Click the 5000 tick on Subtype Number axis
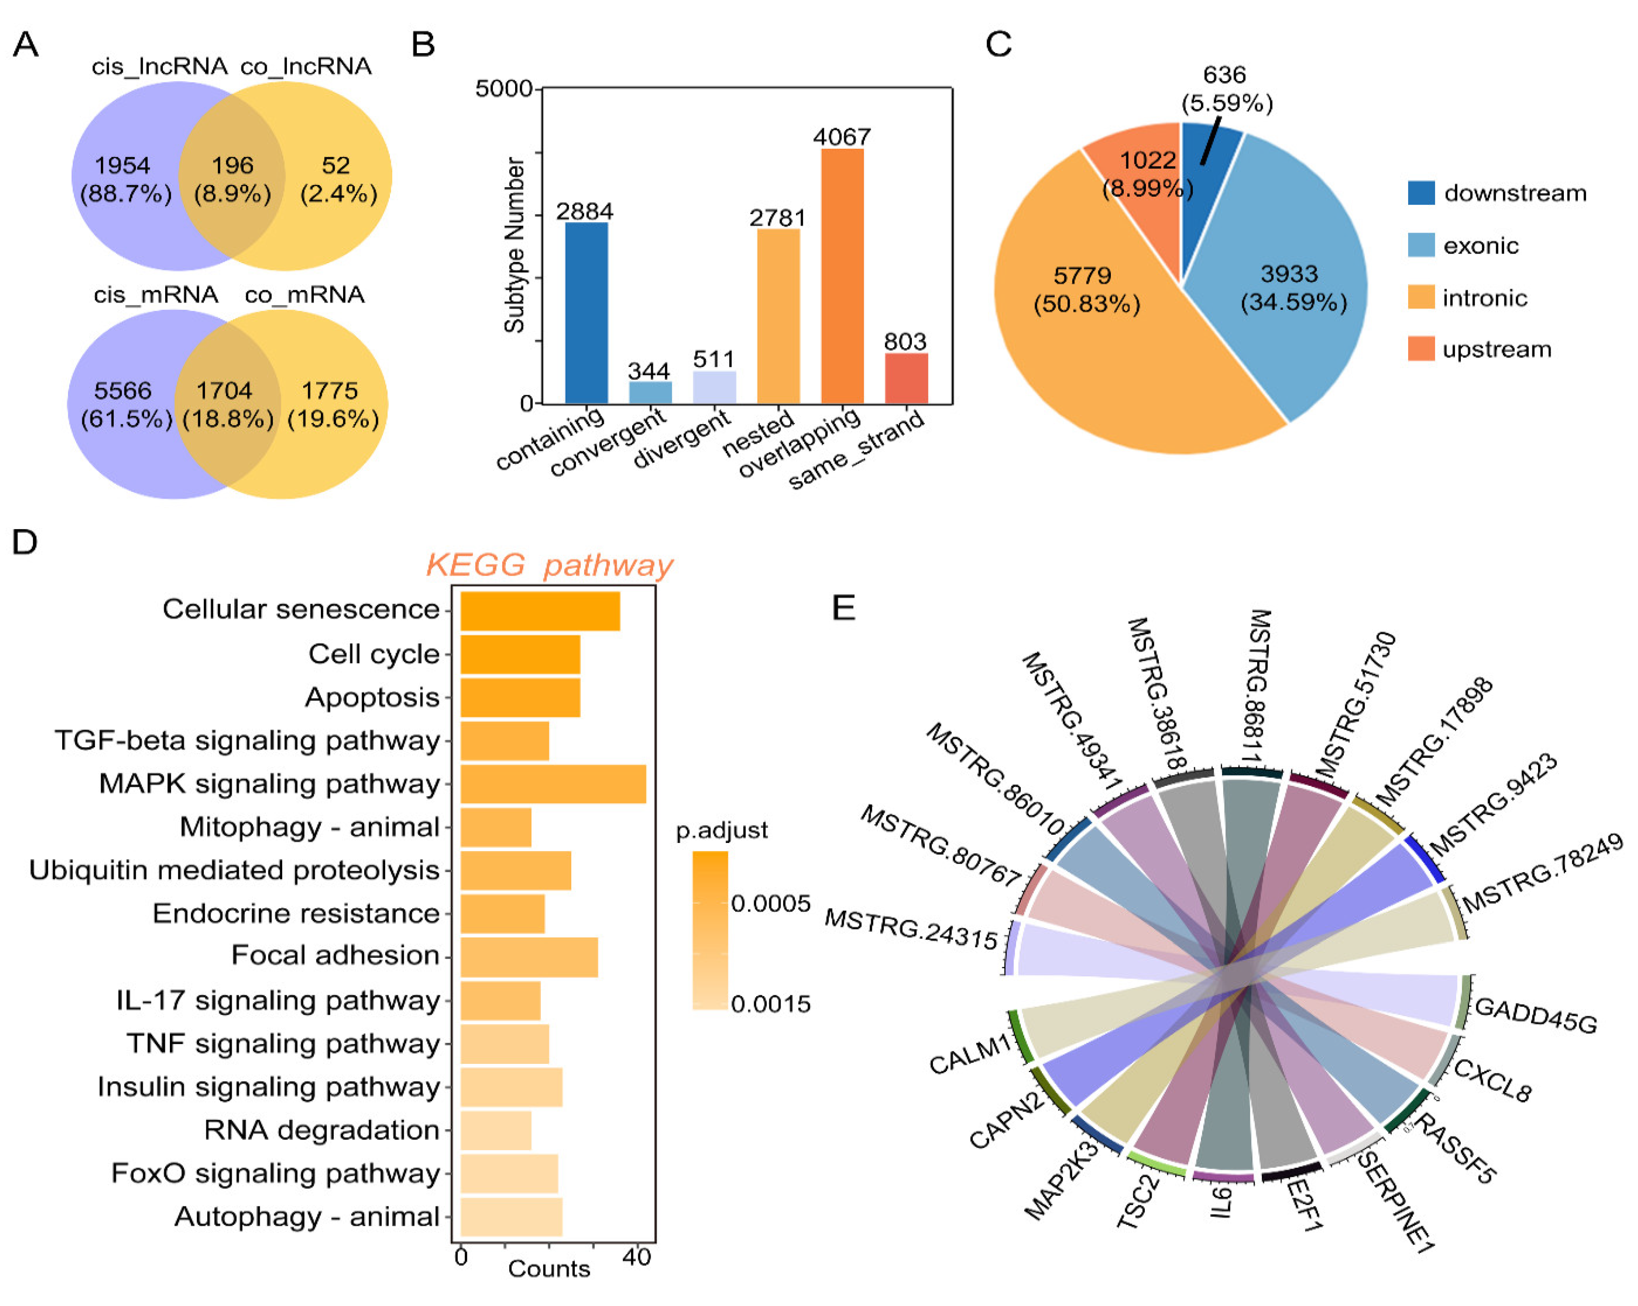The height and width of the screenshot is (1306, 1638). point(504,89)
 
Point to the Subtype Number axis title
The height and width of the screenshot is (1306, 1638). point(514,245)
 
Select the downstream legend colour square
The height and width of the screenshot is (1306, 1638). point(1421,193)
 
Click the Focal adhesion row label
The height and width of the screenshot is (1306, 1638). point(335,955)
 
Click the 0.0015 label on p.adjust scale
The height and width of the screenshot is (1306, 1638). point(770,1004)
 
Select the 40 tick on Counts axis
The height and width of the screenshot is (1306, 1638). point(636,1258)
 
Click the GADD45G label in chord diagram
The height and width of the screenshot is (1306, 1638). point(1535,1015)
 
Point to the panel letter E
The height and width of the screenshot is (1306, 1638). point(843,608)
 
